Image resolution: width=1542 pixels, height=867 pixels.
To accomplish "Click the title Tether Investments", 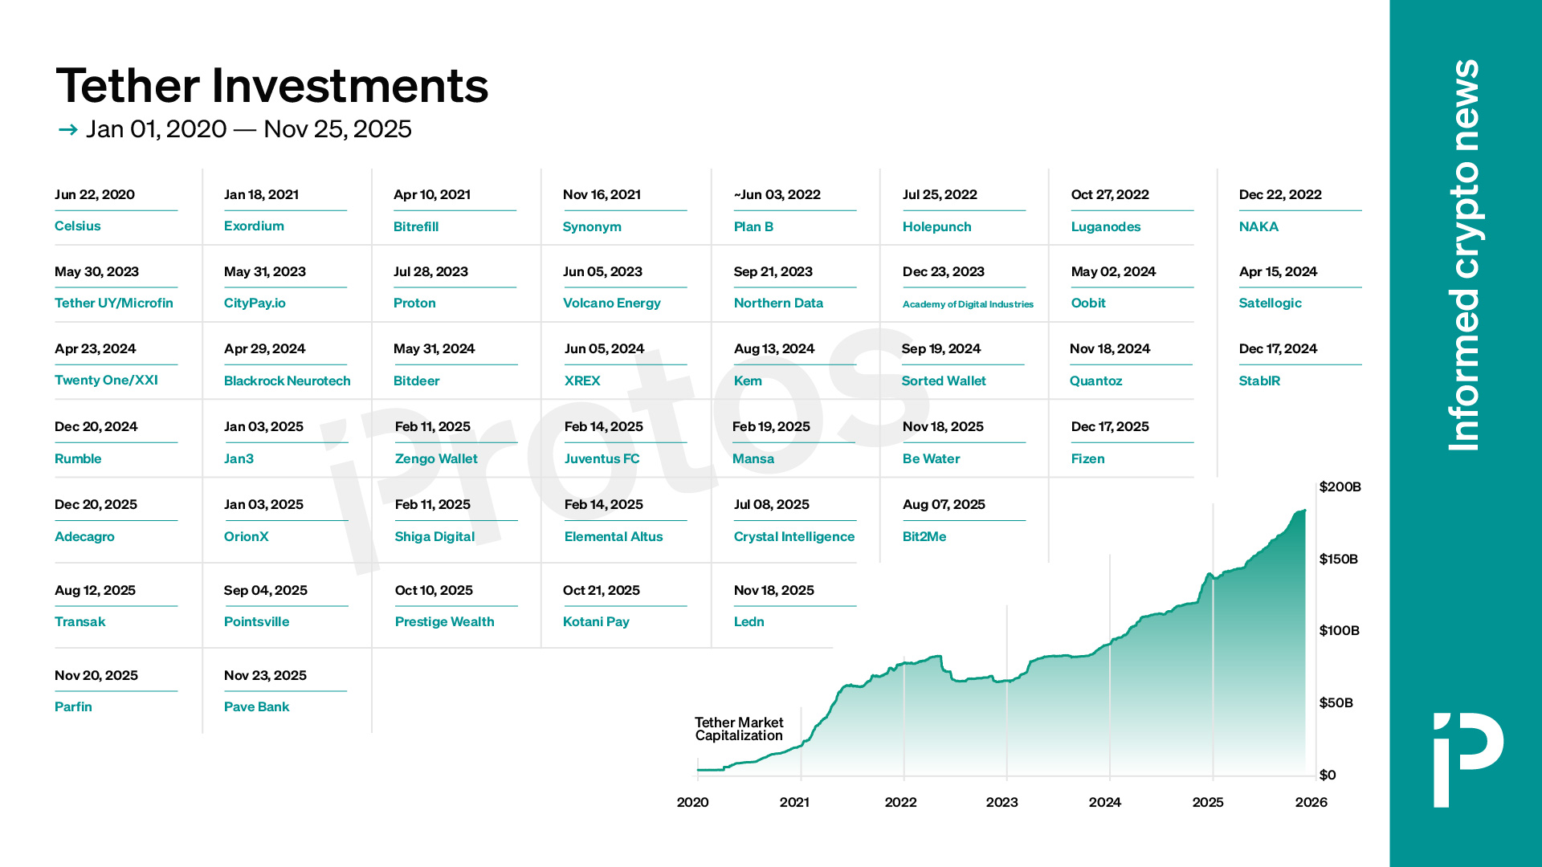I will point(271,86).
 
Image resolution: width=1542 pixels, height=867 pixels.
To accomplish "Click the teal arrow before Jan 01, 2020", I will point(67,130).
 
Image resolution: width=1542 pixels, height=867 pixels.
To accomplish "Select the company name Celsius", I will point(78,226).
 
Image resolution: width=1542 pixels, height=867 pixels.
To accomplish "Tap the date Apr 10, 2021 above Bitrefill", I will point(432,195).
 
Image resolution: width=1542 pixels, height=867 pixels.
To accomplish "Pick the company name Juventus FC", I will point(602,459).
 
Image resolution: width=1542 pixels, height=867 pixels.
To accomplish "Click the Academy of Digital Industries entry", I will point(968,304).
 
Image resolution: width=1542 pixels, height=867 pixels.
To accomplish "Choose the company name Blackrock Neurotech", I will point(287,381).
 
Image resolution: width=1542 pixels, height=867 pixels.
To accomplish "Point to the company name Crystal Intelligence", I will point(793,537).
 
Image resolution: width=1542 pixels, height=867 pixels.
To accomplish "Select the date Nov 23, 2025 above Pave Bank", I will point(265,676).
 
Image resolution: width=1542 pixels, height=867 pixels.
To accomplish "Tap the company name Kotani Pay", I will point(596,622).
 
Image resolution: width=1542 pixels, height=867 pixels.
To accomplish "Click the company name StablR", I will point(1259,381).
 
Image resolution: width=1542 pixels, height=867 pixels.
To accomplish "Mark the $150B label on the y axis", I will point(1338,560).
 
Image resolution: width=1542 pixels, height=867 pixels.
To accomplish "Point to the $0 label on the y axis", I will point(1328,775).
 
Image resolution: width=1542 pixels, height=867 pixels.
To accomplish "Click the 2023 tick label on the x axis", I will point(1001,803).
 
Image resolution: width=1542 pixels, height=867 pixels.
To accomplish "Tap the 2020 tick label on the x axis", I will point(692,803).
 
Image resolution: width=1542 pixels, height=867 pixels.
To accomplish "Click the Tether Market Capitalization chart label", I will point(739,729).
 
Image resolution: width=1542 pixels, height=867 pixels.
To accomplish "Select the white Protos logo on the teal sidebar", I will point(1468,759).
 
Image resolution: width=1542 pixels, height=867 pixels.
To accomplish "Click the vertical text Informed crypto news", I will point(1463,255).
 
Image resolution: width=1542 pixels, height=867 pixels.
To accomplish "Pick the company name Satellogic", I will point(1270,303).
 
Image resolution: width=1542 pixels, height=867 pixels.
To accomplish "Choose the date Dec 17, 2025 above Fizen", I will point(1110,427).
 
